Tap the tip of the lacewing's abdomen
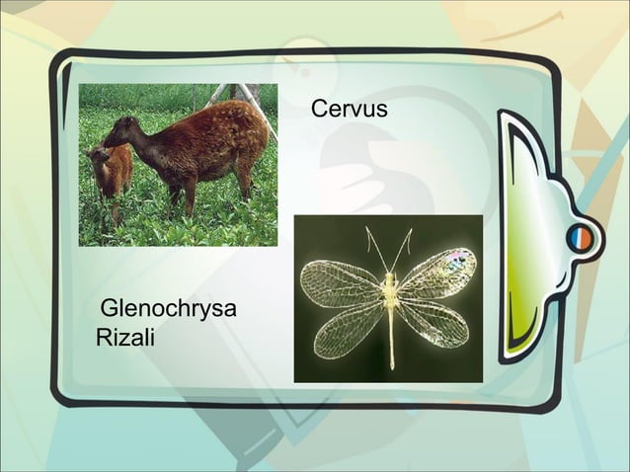392,365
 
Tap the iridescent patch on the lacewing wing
456,259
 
